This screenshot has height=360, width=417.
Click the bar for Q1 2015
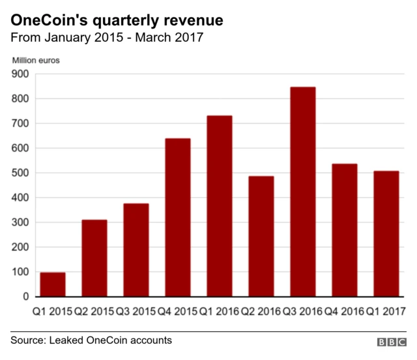click(53, 284)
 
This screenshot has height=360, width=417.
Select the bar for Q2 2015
click(94, 258)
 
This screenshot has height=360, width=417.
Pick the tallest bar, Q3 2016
click(303, 192)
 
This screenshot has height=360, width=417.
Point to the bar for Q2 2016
click(261, 236)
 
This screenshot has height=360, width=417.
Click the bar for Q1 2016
click(220, 206)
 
